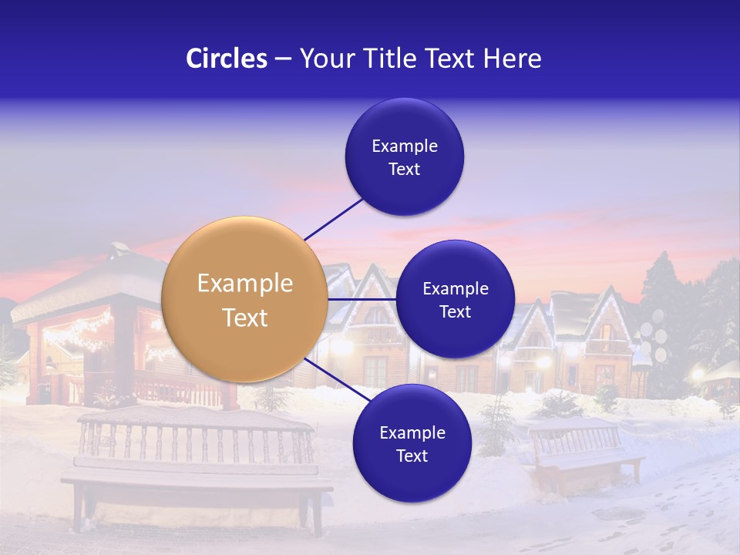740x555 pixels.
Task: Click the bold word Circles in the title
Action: point(227,59)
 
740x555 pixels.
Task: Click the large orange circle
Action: point(244,300)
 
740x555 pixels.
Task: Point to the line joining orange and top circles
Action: point(334,218)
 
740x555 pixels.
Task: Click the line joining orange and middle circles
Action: point(362,299)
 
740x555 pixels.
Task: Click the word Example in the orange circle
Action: point(245,284)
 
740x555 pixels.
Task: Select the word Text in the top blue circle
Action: point(405,170)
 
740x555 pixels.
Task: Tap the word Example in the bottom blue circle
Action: point(412,433)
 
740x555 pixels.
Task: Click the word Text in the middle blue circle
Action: point(455,312)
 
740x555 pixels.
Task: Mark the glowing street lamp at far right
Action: point(698,375)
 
